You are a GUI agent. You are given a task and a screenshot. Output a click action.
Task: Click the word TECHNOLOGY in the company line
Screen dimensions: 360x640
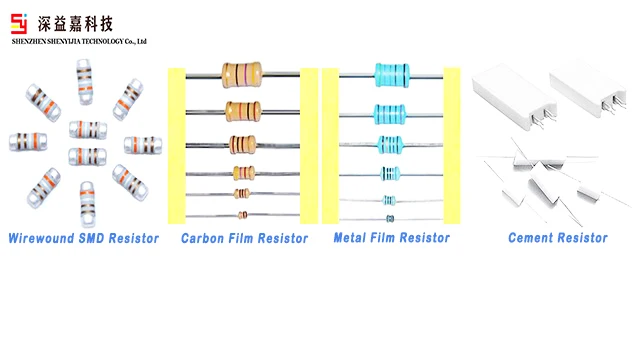(x=96, y=42)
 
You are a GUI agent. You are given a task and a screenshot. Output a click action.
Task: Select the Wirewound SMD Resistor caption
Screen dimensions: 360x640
(x=83, y=238)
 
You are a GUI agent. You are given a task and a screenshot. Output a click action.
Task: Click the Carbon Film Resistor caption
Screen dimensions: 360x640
(x=244, y=238)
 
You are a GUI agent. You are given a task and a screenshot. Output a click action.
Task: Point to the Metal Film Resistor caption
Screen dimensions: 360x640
(x=391, y=238)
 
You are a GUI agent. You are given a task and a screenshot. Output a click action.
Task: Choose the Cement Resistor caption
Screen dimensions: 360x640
(x=557, y=238)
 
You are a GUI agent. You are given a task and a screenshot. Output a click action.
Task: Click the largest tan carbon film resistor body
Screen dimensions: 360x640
(x=243, y=73)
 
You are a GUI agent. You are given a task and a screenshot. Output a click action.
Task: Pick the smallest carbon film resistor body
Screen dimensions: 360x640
(x=243, y=215)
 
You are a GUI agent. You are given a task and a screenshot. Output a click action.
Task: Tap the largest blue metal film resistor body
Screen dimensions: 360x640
(x=391, y=73)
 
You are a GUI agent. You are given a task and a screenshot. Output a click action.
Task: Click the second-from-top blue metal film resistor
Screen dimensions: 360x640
(x=390, y=112)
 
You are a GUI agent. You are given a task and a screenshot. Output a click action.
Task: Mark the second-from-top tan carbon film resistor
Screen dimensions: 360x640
(x=243, y=110)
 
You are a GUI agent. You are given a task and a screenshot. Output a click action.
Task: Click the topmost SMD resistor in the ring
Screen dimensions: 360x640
(x=86, y=81)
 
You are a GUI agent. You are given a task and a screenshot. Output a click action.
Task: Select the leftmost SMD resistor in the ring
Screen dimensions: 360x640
(x=28, y=142)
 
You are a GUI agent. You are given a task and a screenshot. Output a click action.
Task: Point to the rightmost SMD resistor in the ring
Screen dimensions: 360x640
(x=143, y=144)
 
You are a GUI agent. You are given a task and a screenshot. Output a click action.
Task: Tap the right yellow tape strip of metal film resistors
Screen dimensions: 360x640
(x=451, y=145)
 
